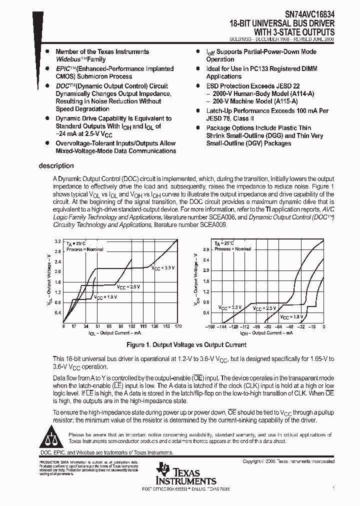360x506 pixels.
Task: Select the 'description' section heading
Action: [x=56, y=166]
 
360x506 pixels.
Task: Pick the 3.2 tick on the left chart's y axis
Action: [x=57, y=241]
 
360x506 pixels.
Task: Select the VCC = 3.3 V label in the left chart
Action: [x=163, y=268]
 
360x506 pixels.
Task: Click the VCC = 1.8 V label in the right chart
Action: [x=291, y=317]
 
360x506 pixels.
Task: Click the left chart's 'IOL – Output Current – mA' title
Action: [x=114, y=332]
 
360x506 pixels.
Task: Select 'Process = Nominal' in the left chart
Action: [x=85, y=249]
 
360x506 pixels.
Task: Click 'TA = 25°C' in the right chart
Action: [x=224, y=243]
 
